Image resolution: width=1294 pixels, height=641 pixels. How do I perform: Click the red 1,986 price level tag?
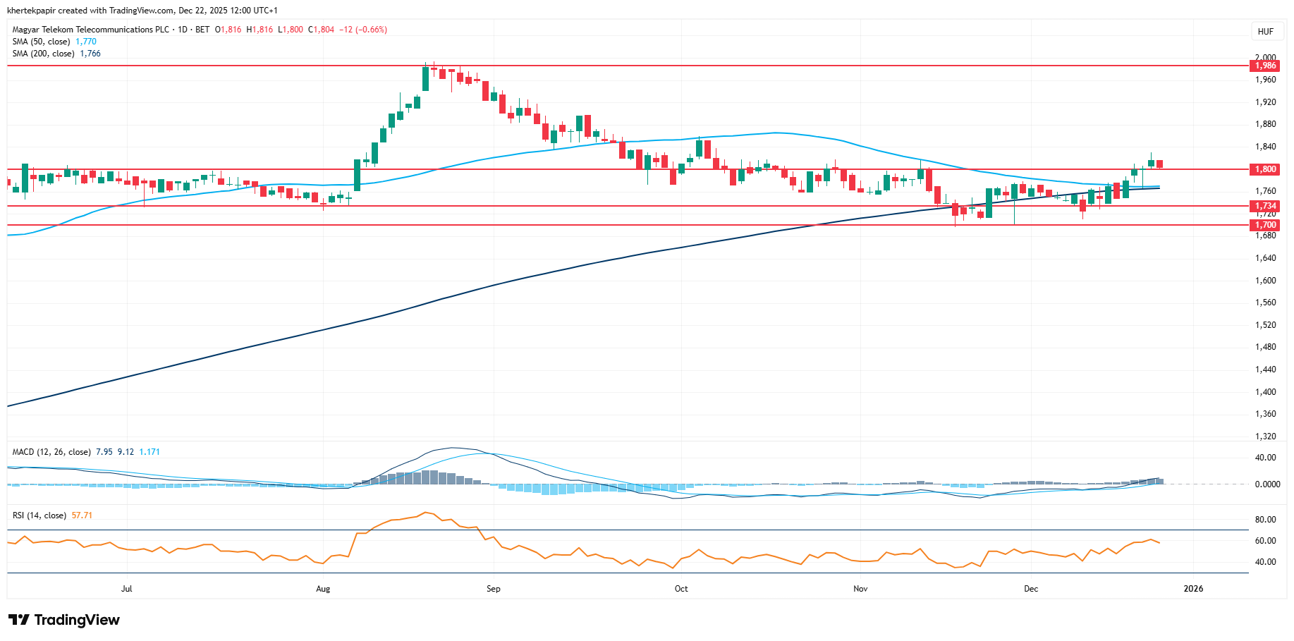pos(1264,66)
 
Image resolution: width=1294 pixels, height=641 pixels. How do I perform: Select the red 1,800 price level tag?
pos(1264,169)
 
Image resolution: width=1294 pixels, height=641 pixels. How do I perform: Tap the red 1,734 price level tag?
pos(1264,206)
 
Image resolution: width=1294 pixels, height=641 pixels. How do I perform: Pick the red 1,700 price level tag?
pos(1264,225)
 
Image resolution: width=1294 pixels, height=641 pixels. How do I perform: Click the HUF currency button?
pos(1265,31)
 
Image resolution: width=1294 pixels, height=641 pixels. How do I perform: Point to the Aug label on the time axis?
pos(323,589)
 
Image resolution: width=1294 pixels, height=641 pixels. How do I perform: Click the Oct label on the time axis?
pos(681,589)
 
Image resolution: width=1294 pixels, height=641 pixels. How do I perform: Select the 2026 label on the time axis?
pos(1193,589)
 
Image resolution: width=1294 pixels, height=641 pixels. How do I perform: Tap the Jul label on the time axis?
pos(127,589)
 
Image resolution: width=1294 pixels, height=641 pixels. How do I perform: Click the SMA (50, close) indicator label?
pos(41,42)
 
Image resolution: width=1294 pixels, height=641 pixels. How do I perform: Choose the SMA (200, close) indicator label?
pos(43,54)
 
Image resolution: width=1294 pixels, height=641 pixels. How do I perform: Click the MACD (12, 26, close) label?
pos(51,452)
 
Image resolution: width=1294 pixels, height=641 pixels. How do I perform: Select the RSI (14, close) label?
pos(39,515)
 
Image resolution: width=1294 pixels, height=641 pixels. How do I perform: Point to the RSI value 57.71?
pos(82,515)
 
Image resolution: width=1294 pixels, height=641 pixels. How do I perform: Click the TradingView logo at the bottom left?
pos(64,620)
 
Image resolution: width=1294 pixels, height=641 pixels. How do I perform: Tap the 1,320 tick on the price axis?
pos(1265,437)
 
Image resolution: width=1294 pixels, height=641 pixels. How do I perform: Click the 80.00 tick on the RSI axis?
pos(1265,520)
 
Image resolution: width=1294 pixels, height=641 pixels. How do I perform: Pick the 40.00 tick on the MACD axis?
pos(1265,458)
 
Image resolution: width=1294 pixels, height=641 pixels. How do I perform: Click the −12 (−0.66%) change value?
pos(362,30)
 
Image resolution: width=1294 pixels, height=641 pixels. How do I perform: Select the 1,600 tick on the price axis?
pos(1265,281)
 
